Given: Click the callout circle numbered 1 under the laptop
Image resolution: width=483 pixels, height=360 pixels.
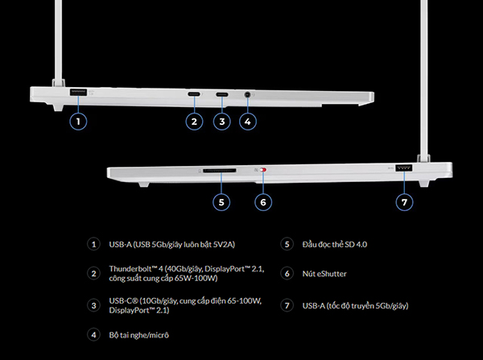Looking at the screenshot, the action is pyautogui.click(x=78, y=122).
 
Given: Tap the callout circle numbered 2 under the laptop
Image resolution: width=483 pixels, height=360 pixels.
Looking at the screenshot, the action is pyautogui.click(x=194, y=122).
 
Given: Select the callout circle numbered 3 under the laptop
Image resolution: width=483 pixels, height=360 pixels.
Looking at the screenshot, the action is pyautogui.click(x=222, y=122).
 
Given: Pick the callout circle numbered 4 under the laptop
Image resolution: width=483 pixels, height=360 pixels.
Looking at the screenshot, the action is pyautogui.click(x=248, y=122).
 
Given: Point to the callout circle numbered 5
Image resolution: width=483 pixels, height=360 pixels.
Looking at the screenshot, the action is pyautogui.click(x=221, y=202).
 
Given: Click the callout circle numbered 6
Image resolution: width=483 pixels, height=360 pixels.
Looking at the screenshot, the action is pyautogui.click(x=263, y=202).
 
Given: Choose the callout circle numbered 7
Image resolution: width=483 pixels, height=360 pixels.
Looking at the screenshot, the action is pyautogui.click(x=404, y=202).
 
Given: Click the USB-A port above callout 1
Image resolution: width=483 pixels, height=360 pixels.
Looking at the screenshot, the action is pyautogui.click(x=78, y=92).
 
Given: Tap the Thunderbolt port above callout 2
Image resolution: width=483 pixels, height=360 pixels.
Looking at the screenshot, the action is pyautogui.click(x=194, y=94).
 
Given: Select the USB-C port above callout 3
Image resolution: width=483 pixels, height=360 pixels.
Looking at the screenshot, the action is pyautogui.click(x=222, y=94).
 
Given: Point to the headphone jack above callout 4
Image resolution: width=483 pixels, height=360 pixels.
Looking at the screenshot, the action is pyautogui.click(x=247, y=94).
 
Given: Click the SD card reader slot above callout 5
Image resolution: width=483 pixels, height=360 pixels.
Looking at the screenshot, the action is pyautogui.click(x=220, y=171).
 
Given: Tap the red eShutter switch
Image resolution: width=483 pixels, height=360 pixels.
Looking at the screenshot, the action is pyautogui.click(x=262, y=170).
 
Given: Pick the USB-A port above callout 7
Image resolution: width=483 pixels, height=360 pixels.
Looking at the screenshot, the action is pyautogui.click(x=404, y=168).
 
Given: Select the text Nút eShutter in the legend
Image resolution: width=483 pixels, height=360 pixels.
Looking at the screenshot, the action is pyautogui.click(x=324, y=274).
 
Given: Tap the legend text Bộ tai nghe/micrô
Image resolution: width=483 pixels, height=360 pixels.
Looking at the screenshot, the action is pyautogui.click(x=139, y=335).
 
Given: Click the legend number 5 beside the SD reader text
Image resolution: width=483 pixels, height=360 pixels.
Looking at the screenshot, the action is pyautogui.click(x=287, y=244).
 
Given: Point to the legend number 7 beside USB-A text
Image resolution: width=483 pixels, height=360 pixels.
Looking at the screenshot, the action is pyautogui.click(x=287, y=305).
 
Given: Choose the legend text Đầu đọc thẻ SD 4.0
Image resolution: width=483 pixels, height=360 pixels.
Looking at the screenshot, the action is pyautogui.click(x=335, y=244).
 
